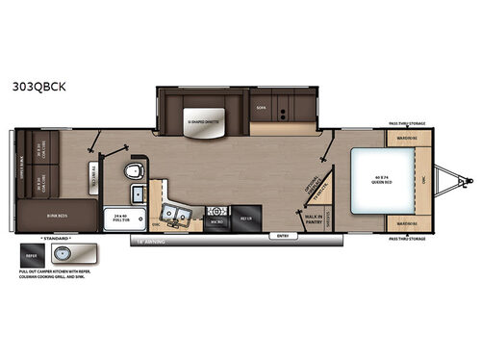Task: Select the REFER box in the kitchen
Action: click(x=242, y=217)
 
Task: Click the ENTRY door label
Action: click(x=282, y=235)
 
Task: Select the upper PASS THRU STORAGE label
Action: click(x=406, y=124)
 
